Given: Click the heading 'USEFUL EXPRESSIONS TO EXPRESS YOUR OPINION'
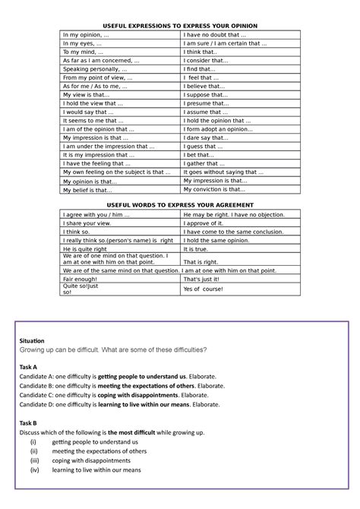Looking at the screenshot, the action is [x=180, y=25].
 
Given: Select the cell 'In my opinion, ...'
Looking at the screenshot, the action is [x=86, y=35].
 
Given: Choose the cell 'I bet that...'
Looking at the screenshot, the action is [x=201, y=154].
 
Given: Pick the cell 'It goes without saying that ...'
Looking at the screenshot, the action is [x=224, y=172].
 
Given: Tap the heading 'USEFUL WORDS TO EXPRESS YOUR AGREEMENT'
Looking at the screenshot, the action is [x=180, y=206].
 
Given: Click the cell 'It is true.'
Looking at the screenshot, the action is [x=196, y=248].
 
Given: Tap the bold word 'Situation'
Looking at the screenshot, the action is [x=32, y=340].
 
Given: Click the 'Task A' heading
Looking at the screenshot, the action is [x=29, y=366].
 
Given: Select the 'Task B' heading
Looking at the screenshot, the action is [x=29, y=422].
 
